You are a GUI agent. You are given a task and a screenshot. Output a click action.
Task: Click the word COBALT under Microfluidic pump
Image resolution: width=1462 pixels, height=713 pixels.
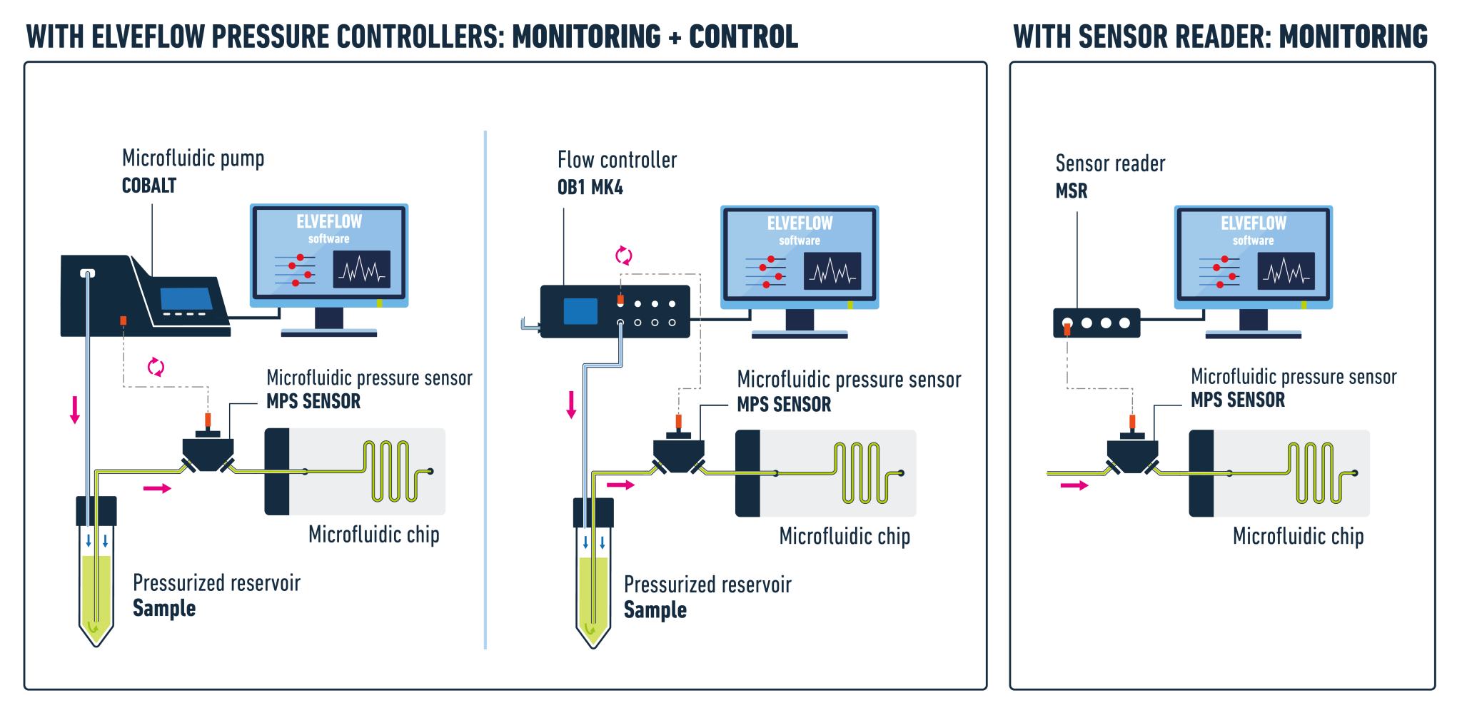(x=149, y=186)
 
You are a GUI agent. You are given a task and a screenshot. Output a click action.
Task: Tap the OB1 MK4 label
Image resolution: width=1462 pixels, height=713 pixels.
(x=590, y=188)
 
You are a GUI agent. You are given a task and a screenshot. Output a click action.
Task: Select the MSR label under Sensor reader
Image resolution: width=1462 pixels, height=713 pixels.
(x=1072, y=191)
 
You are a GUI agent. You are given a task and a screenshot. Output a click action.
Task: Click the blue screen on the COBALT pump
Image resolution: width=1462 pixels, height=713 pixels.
(x=186, y=298)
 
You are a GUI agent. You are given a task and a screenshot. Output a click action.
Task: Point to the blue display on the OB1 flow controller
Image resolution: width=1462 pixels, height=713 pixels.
(x=580, y=311)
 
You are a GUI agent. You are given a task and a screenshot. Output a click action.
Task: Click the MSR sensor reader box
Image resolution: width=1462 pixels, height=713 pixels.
(x=1096, y=323)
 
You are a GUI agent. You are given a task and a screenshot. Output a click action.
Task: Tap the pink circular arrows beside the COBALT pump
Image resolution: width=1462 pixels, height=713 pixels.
(x=156, y=367)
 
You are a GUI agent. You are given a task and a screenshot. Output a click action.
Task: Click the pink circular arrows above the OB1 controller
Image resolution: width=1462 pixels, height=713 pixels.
(x=624, y=255)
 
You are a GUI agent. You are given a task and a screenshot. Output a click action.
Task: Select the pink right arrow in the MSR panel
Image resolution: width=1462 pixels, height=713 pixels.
(x=1074, y=485)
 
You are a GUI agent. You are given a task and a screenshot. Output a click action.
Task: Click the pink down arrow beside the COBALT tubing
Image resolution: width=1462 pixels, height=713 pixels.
(x=75, y=409)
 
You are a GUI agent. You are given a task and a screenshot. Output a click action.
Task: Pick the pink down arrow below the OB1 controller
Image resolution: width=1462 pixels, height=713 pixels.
(x=571, y=405)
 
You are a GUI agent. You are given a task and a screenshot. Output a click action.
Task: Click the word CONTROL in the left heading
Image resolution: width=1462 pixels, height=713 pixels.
(x=743, y=37)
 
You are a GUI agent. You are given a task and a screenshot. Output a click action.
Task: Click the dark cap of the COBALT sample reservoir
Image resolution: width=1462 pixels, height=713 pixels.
(x=96, y=510)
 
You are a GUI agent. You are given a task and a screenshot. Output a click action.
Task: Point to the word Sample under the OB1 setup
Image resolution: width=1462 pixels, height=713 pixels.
(x=655, y=610)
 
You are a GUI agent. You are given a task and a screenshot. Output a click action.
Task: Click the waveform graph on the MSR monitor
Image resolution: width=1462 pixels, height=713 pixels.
(x=1286, y=271)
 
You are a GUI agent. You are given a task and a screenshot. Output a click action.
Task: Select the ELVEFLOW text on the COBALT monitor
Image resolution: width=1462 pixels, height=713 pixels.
(x=329, y=222)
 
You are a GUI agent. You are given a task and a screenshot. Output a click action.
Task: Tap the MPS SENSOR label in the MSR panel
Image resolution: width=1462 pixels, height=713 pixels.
(x=1238, y=400)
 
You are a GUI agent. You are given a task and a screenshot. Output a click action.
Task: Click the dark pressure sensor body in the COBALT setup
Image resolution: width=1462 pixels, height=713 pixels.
(x=208, y=452)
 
